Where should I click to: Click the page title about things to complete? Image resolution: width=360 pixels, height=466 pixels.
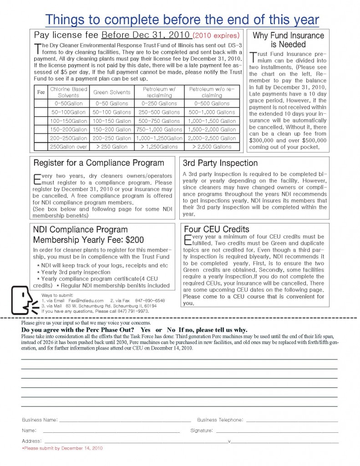[182, 20]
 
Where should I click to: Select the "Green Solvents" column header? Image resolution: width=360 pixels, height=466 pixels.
[112, 92]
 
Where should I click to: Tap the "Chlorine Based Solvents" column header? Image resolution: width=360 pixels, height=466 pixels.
[68, 92]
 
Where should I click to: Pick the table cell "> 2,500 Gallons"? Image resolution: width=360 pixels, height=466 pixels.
[212, 147]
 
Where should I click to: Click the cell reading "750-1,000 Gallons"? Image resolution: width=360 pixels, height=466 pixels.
[158, 130]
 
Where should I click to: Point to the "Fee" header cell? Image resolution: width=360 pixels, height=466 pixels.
[41, 92]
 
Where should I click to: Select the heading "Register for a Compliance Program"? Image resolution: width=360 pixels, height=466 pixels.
[99, 163]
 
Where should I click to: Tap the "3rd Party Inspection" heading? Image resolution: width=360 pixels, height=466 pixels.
[220, 163]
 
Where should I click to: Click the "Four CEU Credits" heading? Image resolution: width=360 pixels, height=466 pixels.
[216, 229]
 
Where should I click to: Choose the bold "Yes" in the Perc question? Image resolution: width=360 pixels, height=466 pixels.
[146, 329]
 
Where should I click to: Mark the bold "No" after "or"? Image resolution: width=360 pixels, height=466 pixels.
[171, 329]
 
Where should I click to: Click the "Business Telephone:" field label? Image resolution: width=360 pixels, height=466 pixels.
[220, 420]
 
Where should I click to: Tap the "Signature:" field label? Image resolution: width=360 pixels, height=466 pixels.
[201, 430]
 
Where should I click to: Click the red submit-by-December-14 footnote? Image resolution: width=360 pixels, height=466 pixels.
[62, 448]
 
